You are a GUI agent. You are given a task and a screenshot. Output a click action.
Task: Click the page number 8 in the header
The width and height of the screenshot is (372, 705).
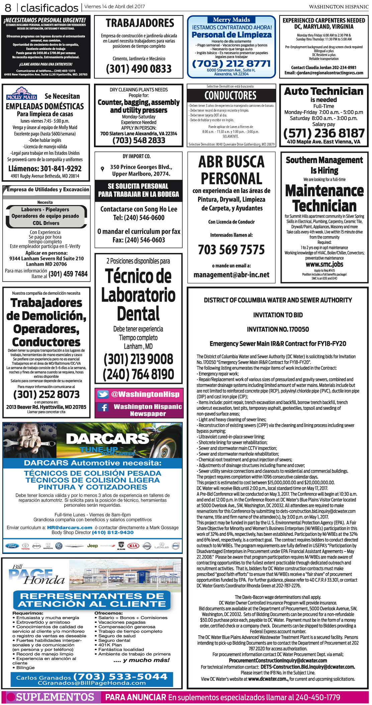pos(8,7)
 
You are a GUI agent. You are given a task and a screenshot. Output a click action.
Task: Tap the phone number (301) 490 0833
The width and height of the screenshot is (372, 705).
pos(138,69)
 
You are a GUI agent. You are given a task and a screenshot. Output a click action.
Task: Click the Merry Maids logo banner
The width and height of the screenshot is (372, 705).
pos(231,20)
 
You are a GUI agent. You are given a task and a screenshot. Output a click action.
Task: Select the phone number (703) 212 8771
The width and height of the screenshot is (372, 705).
pos(231,63)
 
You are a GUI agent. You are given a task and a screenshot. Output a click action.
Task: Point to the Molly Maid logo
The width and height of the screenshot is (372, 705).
pos(21,93)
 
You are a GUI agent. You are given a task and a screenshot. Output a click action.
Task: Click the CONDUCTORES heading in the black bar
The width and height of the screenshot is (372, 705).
pos(230,95)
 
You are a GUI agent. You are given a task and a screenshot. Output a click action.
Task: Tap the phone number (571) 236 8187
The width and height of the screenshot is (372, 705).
pos(323,133)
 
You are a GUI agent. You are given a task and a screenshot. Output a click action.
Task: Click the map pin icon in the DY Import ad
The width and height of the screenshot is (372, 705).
pos(102,169)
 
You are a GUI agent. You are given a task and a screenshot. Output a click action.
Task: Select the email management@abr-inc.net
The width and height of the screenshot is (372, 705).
pos(231,275)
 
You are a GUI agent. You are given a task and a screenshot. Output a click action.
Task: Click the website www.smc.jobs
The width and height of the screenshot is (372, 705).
pos(324,264)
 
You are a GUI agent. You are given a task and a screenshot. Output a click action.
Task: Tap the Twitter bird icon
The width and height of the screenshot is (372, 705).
pos(103,394)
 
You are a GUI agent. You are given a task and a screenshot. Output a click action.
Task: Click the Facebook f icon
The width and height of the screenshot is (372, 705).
pos(103,407)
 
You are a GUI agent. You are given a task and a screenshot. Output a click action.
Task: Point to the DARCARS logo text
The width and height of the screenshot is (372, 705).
pos(107,438)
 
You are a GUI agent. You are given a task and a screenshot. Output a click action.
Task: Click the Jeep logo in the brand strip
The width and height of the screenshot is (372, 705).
pos(92,546)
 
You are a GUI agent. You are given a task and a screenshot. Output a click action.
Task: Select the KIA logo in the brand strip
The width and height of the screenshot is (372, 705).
pos(133,546)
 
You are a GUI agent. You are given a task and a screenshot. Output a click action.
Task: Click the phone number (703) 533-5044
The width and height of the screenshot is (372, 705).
pos(120,677)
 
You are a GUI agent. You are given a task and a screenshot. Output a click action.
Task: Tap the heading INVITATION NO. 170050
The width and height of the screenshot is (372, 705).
pos(278,329)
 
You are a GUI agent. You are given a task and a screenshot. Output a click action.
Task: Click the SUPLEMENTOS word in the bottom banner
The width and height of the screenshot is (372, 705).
pos(55,697)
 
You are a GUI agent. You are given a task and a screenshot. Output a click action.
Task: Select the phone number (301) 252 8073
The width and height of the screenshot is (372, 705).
pos(46,394)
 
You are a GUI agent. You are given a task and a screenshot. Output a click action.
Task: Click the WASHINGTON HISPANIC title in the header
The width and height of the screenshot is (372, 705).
pos(338,7)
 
